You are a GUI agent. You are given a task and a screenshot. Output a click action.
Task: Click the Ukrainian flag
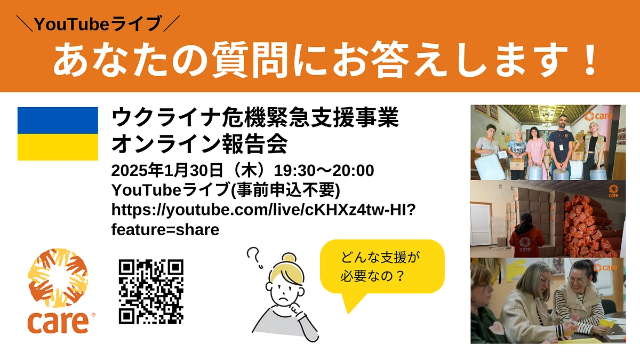[x=58, y=133]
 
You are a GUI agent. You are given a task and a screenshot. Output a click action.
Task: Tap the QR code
[x=151, y=291]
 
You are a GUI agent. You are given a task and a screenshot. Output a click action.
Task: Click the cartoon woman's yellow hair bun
[x=289, y=259]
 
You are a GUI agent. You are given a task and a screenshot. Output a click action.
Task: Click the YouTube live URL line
[x=263, y=210]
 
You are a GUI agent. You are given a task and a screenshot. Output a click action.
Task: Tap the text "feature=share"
[x=165, y=230]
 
